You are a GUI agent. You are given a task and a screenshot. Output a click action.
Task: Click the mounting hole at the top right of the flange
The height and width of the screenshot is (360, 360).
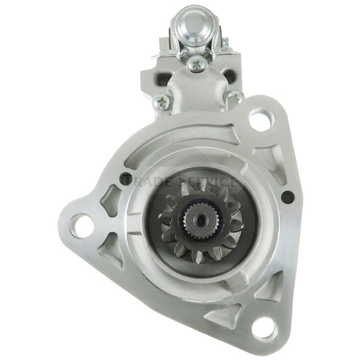[261, 119]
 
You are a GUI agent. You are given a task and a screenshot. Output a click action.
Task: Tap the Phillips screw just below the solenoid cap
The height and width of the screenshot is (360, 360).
[196, 63]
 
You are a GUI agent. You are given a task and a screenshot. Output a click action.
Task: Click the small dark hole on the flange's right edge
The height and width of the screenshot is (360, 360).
[288, 196]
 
